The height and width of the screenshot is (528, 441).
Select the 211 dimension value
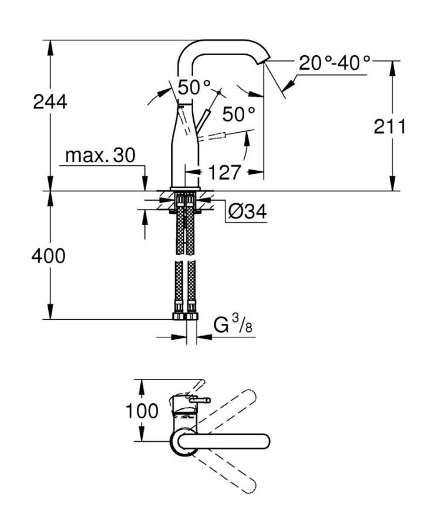click(389, 126)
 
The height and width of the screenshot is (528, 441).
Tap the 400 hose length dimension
click(48, 256)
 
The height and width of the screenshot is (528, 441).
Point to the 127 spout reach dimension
click(224, 172)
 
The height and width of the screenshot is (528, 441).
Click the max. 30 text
click(100, 155)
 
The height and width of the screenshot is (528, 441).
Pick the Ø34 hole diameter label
click(247, 211)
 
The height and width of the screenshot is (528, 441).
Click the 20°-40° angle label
click(335, 63)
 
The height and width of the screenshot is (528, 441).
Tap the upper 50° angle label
click(194, 88)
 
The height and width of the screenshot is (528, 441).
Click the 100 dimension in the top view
click(141, 411)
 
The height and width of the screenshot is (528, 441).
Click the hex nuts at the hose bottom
click(185, 317)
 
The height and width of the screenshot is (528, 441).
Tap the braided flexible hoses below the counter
click(185, 258)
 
